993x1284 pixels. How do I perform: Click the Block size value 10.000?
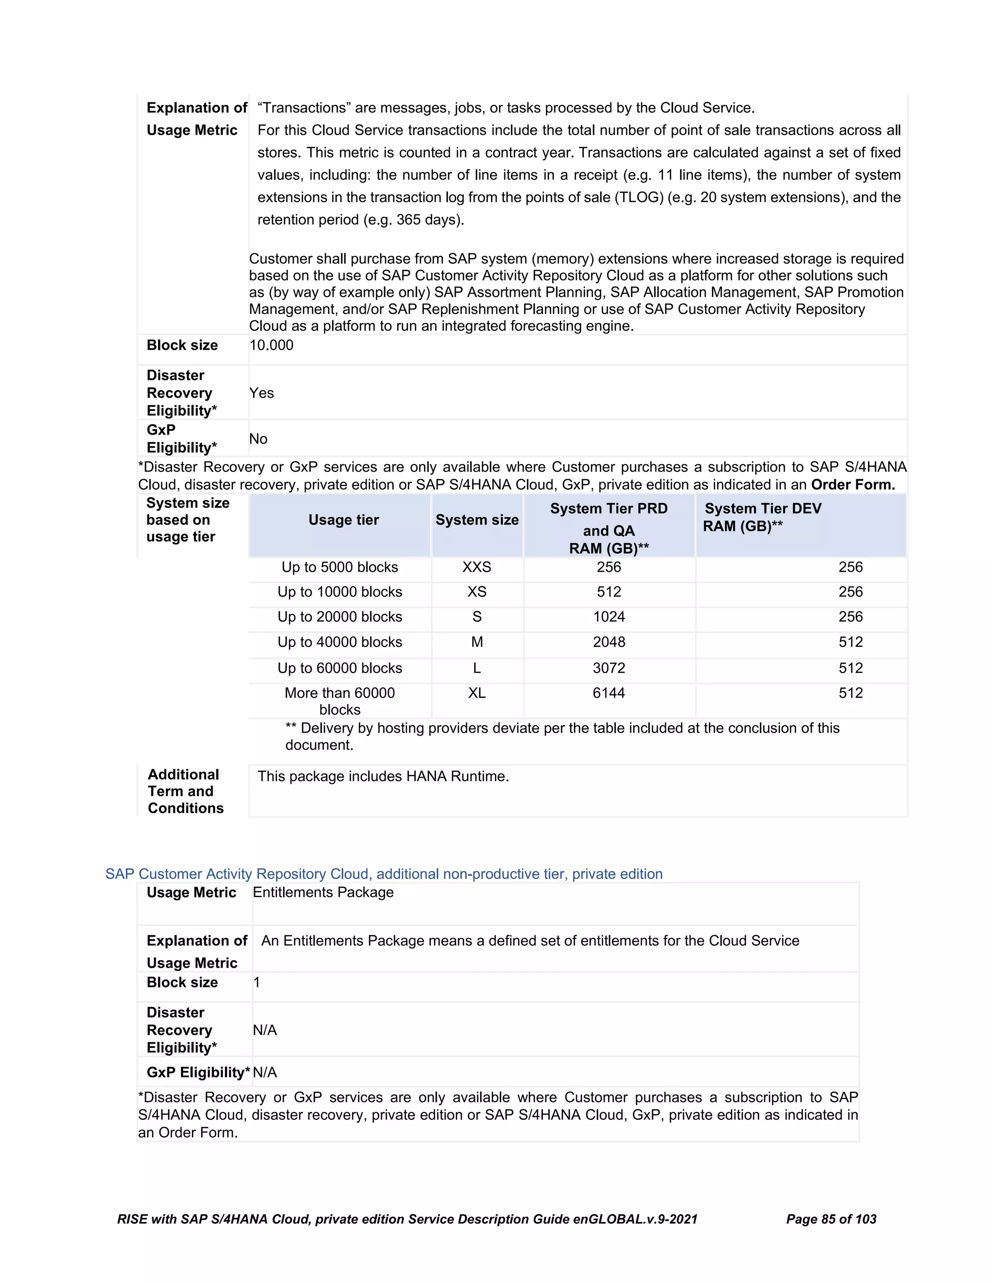point(271,345)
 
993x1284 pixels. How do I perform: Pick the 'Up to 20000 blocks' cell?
point(339,617)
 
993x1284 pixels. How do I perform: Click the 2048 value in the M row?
point(609,642)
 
